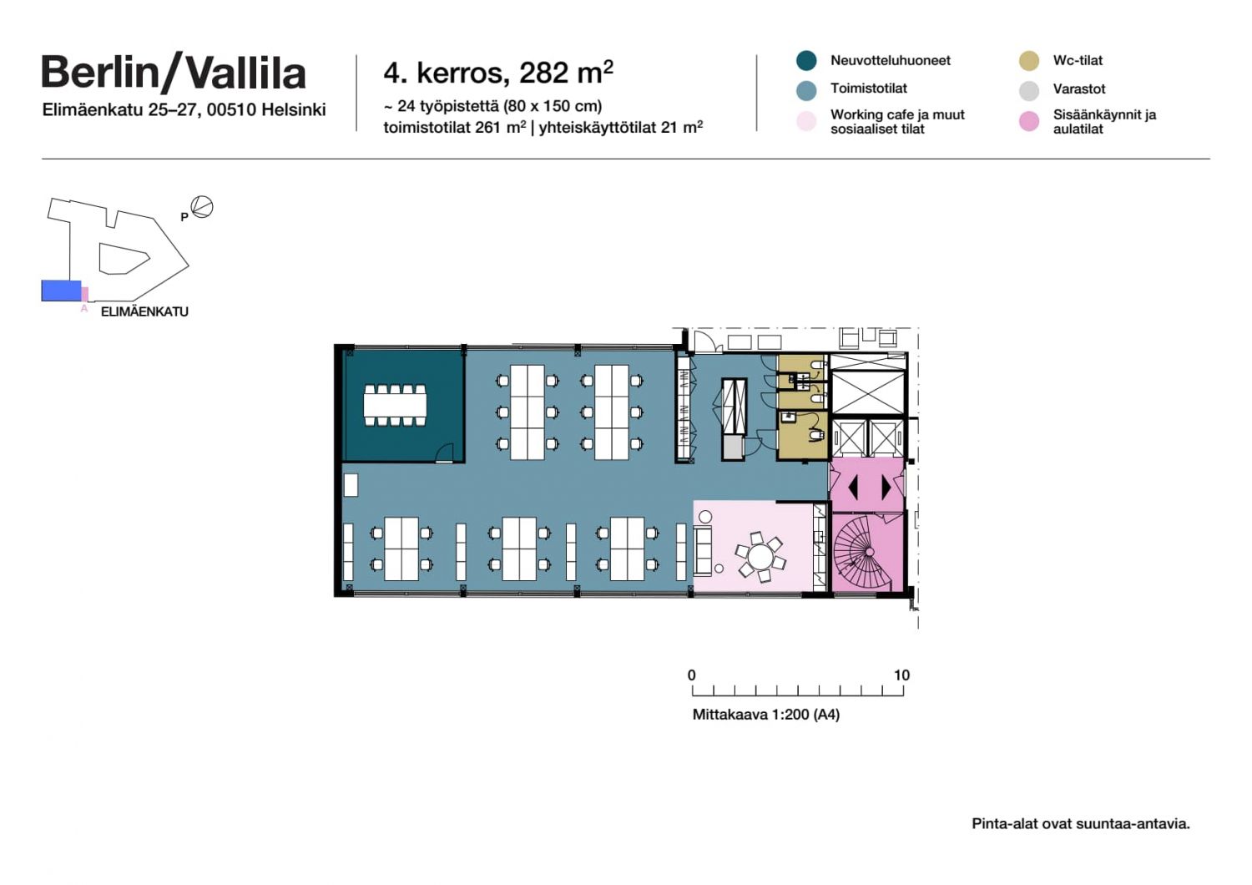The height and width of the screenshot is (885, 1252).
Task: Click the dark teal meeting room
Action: click(x=403, y=406)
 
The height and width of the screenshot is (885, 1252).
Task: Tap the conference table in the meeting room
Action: click(x=395, y=405)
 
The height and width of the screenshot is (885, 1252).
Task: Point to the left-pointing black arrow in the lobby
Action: click(x=853, y=488)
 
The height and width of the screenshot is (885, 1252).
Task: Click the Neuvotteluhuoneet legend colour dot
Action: click(x=806, y=60)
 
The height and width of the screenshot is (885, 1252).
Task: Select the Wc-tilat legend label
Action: click(x=1078, y=60)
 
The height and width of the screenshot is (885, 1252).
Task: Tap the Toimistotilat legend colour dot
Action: click(x=806, y=90)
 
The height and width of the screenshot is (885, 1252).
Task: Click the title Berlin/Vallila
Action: click(x=174, y=73)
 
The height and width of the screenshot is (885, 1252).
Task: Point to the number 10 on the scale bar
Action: click(x=901, y=675)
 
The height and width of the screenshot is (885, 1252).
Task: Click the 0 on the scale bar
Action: click(x=691, y=675)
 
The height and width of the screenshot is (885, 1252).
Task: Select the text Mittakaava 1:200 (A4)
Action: click(x=765, y=715)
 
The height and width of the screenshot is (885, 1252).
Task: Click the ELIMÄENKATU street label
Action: click(x=144, y=312)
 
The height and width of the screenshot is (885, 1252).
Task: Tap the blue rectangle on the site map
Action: click(x=62, y=291)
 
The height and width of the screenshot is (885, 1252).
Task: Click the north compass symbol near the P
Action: click(x=202, y=207)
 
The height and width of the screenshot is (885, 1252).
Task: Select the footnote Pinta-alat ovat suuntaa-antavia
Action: click(x=1081, y=823)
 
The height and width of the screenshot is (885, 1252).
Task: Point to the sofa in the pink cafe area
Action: click(x=703, y=551)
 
